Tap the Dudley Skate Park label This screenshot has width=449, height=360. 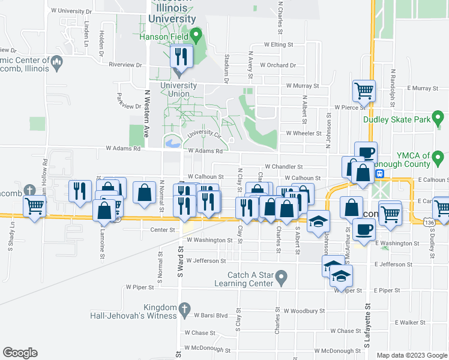coord(397,119)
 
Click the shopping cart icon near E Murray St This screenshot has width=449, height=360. coord(364,91)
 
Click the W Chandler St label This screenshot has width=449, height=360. coord(285,167)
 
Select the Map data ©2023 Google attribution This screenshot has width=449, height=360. coord(411,355)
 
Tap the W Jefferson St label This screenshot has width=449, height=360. coord(206,261)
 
